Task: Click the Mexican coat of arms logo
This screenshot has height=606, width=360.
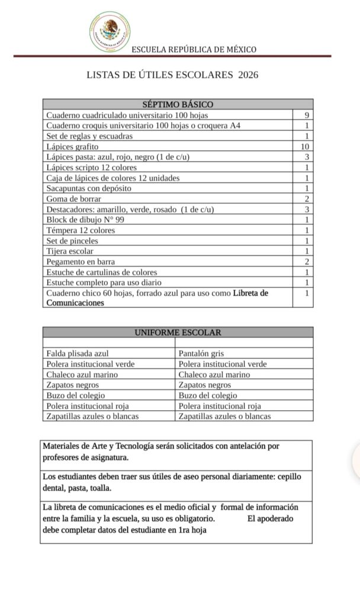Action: coord(110,31)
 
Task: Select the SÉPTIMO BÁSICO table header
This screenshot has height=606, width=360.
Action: coord(178,104)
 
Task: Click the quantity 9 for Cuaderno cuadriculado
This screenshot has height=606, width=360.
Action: coord(307,115)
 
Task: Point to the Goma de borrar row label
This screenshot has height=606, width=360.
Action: coord(73,199)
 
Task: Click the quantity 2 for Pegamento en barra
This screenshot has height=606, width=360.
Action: coord(307,262)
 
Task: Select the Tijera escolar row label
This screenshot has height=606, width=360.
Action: coord(70,251)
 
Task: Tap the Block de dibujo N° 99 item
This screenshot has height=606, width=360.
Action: coord(85,220)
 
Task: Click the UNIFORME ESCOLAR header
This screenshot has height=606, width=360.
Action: coord(178,333)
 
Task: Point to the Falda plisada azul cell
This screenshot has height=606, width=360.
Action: coord(78,353)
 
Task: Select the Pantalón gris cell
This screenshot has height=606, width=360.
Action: coord(201,353)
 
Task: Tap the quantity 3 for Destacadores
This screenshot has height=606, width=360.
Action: coord(307,209)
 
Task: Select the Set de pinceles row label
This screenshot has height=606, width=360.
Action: coord(72,241)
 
